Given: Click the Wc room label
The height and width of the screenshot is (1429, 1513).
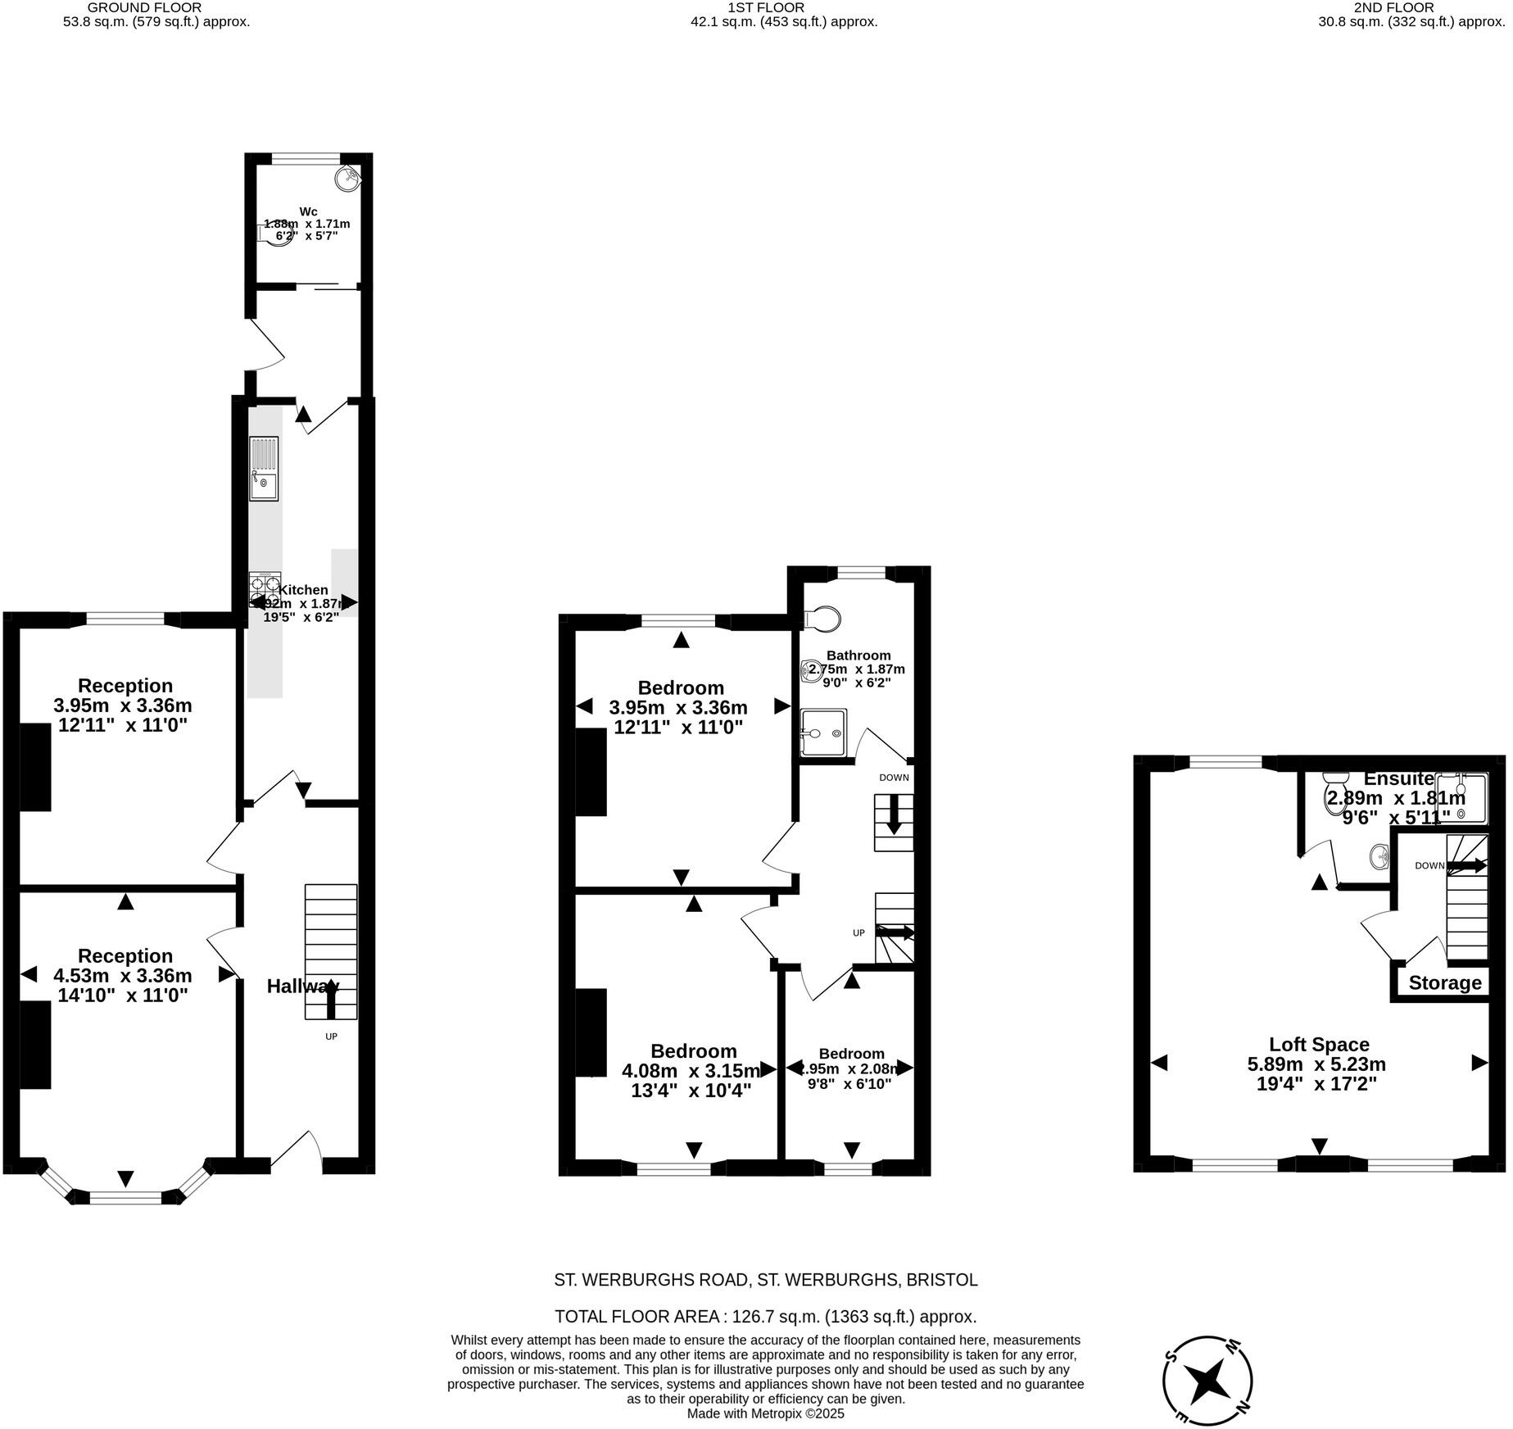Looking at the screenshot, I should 308,211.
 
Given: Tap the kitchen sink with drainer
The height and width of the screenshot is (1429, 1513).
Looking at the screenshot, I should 264,469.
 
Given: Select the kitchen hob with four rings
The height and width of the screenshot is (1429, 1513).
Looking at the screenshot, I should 265,587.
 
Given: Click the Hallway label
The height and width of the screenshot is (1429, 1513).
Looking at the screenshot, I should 302,987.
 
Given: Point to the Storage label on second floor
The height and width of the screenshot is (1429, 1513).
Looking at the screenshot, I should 1445,983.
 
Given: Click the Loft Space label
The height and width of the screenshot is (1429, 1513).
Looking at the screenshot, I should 1319,1045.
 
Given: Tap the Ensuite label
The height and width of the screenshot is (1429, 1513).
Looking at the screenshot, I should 1398,779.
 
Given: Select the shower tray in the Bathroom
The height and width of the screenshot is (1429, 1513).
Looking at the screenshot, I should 822,733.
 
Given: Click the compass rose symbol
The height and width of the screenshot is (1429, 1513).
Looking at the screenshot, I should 1207,1381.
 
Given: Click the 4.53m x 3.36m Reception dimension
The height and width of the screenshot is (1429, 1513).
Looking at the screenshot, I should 123,976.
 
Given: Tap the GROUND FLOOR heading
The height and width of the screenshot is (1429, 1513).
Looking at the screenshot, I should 144,7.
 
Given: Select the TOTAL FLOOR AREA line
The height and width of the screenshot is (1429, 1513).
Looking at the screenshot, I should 765,1317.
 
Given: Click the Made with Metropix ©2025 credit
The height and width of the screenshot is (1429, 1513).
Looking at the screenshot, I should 765,1413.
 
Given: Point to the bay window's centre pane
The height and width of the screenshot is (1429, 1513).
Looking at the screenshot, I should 125,1197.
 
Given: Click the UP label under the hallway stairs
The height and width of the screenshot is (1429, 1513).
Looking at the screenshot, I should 331,1037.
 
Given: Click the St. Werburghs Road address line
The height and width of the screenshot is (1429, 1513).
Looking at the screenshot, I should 765,1279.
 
